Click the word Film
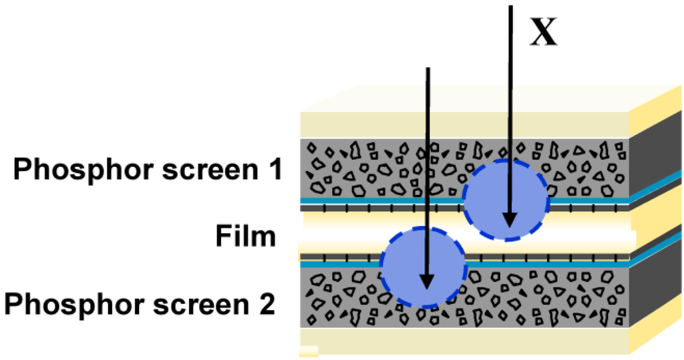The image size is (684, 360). click(245, 236)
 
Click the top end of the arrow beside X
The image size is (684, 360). click(510, 7)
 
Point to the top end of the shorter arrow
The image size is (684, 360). click(427, 69)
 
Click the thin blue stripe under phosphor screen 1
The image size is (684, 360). click(374, 200)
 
